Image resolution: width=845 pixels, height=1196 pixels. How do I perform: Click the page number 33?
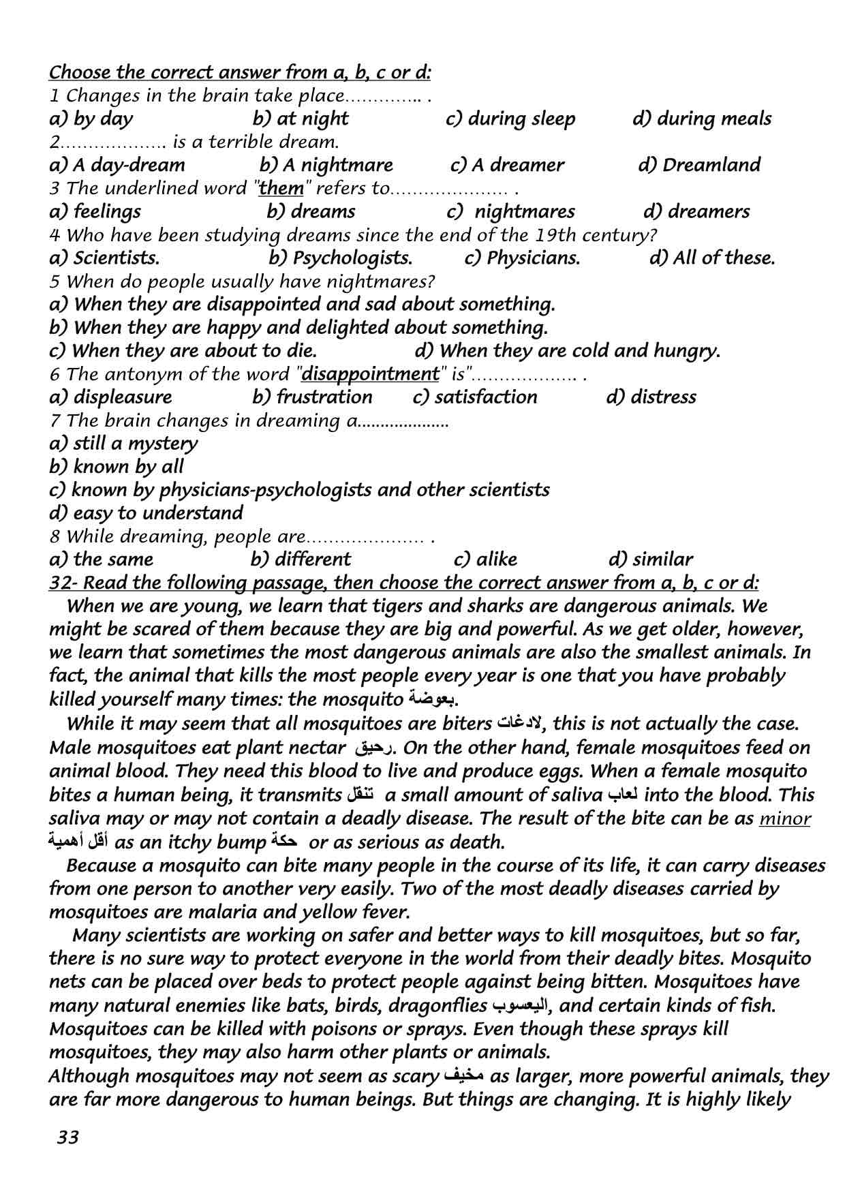point(68,1137)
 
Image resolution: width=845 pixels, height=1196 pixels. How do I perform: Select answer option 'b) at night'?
point(300,119)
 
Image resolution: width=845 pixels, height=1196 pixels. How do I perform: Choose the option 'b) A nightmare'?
point(326,165)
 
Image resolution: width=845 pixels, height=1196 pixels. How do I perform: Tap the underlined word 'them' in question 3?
point(281,188)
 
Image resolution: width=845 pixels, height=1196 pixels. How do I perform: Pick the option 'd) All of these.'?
point(711,258)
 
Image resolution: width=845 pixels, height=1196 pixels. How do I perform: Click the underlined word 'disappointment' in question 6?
point(370,373)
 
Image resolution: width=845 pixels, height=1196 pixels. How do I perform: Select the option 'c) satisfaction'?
point(475,397)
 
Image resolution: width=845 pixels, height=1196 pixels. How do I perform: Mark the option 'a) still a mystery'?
point(123,444)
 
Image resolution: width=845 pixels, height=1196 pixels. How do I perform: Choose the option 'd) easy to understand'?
point(146,513)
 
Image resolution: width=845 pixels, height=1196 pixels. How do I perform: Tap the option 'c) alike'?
point(485,559)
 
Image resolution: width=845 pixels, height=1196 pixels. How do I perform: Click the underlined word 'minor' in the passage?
point(784,818)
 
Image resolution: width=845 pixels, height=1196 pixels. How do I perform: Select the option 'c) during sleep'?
point(510,119)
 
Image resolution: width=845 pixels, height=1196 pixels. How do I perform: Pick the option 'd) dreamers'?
point(696,211)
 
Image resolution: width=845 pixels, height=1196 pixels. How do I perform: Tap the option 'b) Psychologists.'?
point(340,258)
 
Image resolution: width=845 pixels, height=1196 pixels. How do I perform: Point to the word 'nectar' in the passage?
point(320,748)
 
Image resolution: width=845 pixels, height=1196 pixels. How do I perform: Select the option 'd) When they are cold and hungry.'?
point(567,351)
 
